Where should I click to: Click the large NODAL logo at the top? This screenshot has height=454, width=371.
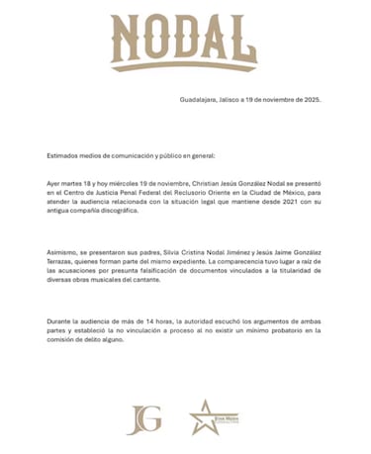coord(184,43)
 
